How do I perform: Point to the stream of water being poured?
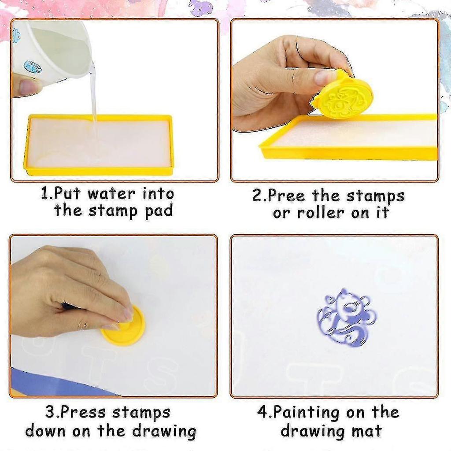tap(93, 95)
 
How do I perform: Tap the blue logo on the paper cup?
tap(32, 67)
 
